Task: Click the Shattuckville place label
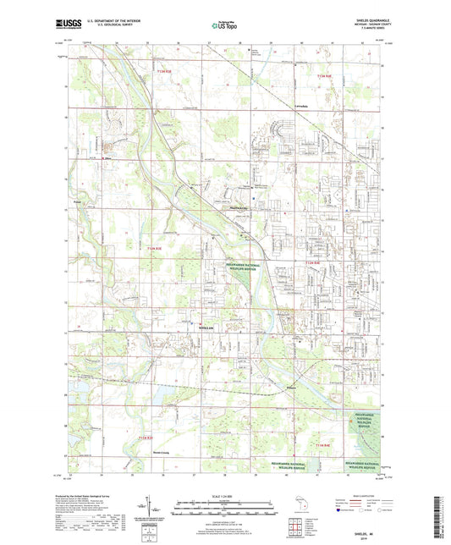pos(240,205)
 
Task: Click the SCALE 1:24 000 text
pos(224,496)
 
